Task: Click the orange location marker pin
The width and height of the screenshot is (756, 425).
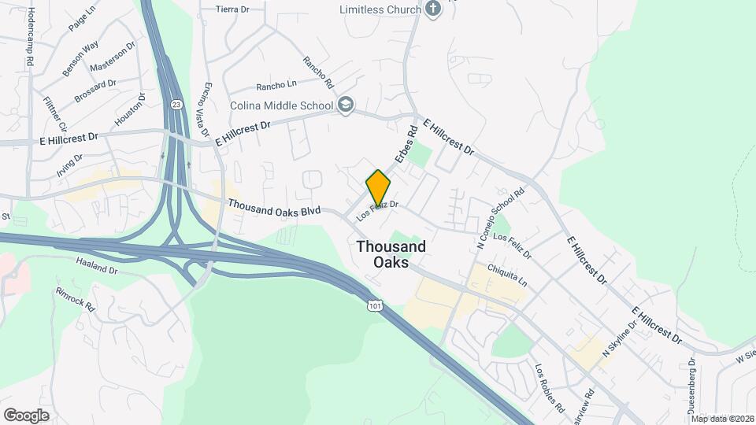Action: pyautogui.click(x=378, y=188)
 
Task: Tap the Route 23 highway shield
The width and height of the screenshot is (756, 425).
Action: pyautogui.click(x=176, y=103)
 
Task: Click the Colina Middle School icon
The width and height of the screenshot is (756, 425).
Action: pyautogui.click(x=346, y=105)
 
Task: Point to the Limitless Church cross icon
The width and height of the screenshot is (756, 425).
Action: pyautogui.click(x=431, y=9)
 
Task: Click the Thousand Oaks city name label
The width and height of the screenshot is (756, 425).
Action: pyautogui.click(x=391, y=253)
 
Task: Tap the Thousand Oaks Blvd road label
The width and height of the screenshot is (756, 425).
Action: pyautogui.click(x=274, y=208)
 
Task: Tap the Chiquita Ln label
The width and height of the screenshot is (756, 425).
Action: pyautogui.click(x=508, y=276)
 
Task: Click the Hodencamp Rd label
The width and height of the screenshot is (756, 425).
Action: pyautogui.click(x=31, y=37)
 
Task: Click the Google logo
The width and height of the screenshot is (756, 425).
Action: pyautogui.click(x=26, y=415)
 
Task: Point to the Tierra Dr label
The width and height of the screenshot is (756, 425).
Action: pyautogui.click(x=232, y=10)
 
